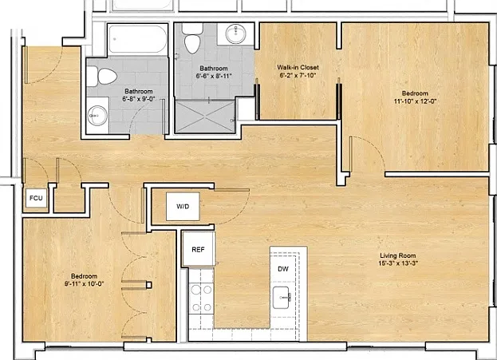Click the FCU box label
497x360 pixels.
36,198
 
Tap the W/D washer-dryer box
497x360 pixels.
183,207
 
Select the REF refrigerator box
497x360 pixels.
199,249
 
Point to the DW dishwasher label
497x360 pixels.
283,269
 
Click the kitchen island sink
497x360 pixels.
281,298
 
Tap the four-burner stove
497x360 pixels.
201,299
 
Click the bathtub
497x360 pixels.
137,39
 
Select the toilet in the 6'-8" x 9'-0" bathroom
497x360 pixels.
102,77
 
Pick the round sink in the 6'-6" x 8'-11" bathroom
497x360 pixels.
235,34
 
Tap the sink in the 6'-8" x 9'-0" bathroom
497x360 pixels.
98,116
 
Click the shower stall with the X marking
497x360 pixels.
205,116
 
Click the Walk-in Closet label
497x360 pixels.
298,67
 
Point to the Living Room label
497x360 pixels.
398,255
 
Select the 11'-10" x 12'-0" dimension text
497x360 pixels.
415,101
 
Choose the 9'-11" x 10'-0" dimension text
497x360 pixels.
85,284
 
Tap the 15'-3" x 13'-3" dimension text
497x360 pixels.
398,263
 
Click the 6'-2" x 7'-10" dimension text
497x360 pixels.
298,75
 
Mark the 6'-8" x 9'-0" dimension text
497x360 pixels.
139,99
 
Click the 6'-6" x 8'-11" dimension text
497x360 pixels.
214,76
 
